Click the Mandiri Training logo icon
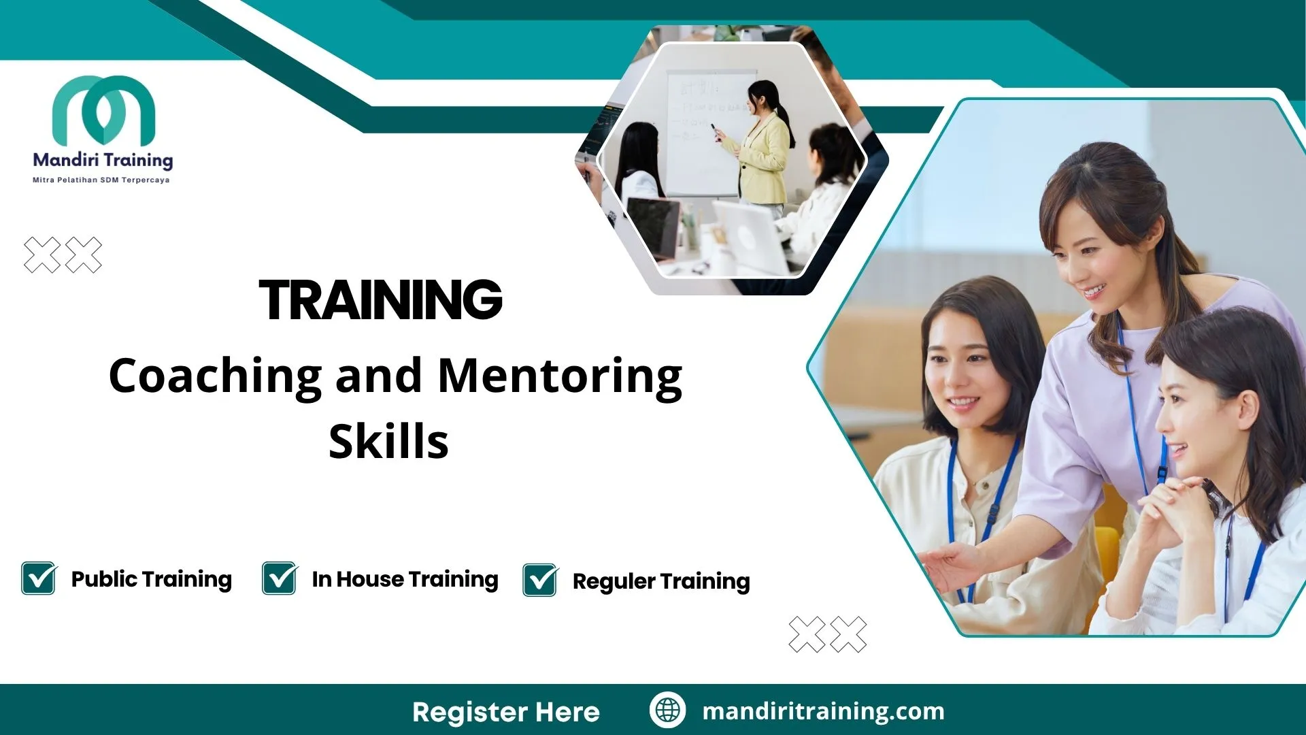pos(103,110)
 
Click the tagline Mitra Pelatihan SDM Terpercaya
pos(101,180)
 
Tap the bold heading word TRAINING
pos(380,299)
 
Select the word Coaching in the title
pos(215,376)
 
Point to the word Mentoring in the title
pos(560,376)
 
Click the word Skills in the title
pos(388,442)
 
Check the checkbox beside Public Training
pos(39,578)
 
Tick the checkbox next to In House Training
pos(280,578)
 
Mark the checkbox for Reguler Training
pos(540,581)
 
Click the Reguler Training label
pos(661,581)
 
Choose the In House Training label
pos(405,579)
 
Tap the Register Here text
pos(506,712)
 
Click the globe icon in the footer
pos(667,710)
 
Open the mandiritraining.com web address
pos(823,711)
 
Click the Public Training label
pos(151,579)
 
